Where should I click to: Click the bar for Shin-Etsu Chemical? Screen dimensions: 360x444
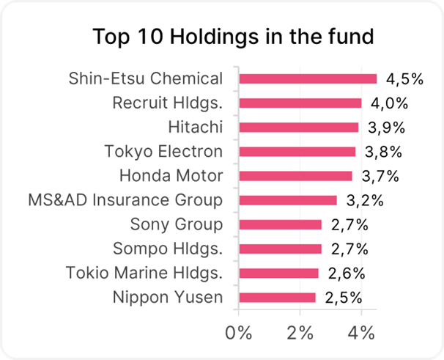tap(308, 78)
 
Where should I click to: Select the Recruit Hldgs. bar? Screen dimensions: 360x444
tap(300, 103)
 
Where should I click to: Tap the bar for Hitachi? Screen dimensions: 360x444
tap(299, 128)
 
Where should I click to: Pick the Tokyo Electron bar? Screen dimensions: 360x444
tap(297, 152)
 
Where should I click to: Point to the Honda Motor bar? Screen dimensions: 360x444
tap(296, 176)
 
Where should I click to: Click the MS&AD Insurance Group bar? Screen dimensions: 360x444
tap(288, 200)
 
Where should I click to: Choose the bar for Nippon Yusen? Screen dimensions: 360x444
tap(278, 297)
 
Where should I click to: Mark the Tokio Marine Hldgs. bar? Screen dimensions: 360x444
tap(279, 273)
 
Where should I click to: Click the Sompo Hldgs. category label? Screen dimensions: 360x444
tap(167, 249)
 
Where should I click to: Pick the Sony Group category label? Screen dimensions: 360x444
tap(176, 224)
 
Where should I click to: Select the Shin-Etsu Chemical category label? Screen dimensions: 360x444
tap(145, 78)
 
